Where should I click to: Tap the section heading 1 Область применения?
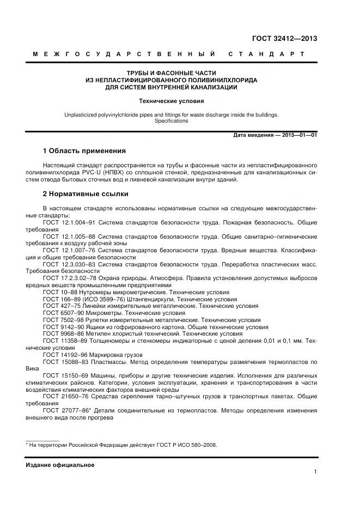click(x=84, y=150)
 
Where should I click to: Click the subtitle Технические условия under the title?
click(x=171, y=101)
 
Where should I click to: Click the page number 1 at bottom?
click(x=315, y=472)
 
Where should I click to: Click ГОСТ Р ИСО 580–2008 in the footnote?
click(x=186, y=445)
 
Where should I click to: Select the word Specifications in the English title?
click(x=171, y=121)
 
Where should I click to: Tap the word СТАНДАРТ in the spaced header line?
click(x=266, y=54)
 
